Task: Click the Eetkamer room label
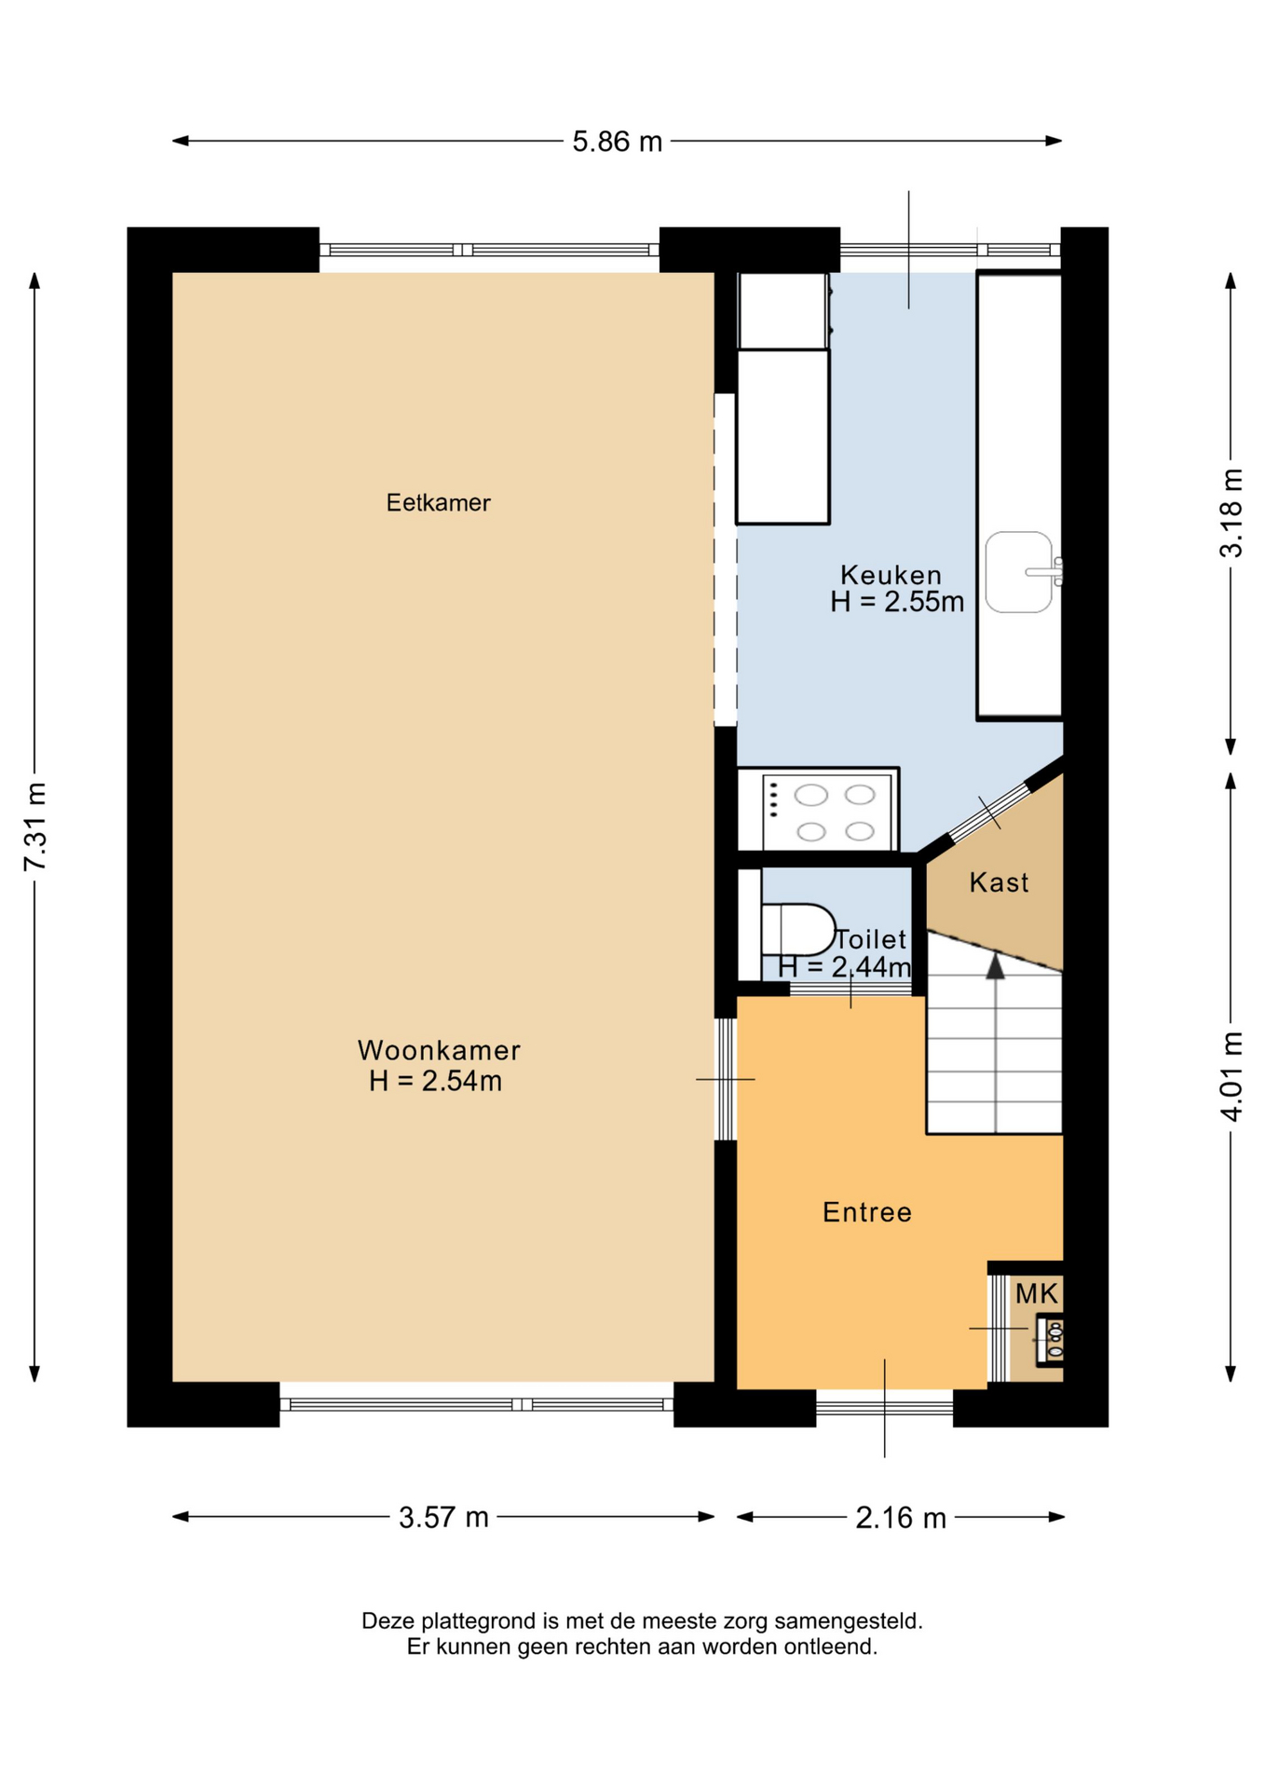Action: tap(438, 503)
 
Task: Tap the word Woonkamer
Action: tap(439, 1050)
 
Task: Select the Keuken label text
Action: tap(891, 575)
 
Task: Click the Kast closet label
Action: tap(999, 882)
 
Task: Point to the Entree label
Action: tap(867, 1212)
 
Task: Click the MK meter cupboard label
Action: tap(1037, 1293)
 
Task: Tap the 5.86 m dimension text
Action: tap(617, 142)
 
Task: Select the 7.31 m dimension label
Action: tap(34, 827)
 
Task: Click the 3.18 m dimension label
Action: tap(1231, 513)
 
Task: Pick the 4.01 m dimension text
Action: tap(1231, 1076)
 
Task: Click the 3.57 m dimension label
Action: tap(443, 1518)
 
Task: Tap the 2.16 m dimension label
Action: tap(901, 1518)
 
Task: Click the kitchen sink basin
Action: tap(1018, 572)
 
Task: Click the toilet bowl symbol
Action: tap(797, 930)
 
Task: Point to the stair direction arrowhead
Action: tap(995, 966)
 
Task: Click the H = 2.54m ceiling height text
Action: tap(436, 1081)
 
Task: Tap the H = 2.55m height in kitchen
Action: tap(897, 602)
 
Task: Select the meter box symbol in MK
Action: tap(1051, 1340)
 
